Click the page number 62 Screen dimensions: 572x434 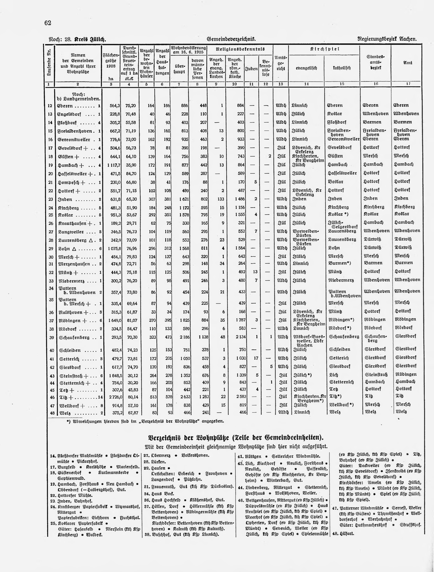coord(48,23)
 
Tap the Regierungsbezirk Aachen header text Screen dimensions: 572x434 coord(387,39)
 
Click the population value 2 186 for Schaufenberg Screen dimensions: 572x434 coord(183,337)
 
